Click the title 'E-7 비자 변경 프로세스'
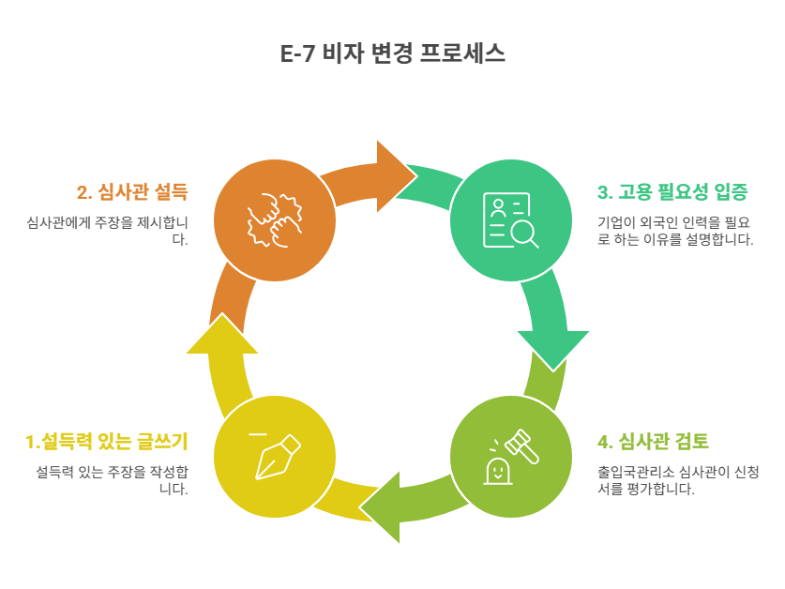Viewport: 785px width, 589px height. point(392,53)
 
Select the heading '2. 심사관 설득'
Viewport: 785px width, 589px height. point(132,193)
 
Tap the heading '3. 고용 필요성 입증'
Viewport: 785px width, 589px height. point(672,193)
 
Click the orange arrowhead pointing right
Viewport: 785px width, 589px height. point(394,170)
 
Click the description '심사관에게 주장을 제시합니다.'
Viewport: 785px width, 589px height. point(108,231)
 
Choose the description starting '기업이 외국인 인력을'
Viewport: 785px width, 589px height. point(675,231)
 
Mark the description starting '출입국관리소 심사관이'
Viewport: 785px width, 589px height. point(675,479)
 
